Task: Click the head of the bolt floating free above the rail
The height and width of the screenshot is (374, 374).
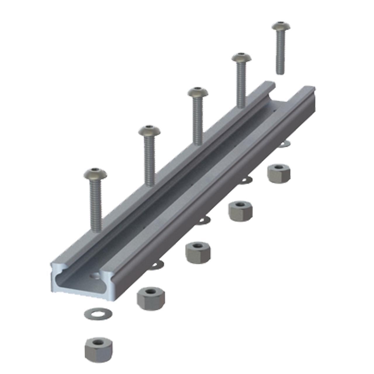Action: click(x=281, y=26)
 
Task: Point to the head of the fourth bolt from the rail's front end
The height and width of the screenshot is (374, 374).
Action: click(x=241, y=58)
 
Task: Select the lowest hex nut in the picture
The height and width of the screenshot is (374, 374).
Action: click(x=98, y=349)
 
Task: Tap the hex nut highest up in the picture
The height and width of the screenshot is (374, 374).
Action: click(x=279, y=173)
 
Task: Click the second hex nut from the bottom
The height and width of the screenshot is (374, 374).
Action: click(x=151, y=298)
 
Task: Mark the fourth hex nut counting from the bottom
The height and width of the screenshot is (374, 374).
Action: click(x=240, y=210)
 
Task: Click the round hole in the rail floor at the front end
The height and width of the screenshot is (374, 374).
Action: click(x=95, y=275)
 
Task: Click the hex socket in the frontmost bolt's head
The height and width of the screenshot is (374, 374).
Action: click(x=95, y=171)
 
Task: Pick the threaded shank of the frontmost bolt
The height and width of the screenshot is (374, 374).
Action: click(x=96, y=205)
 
